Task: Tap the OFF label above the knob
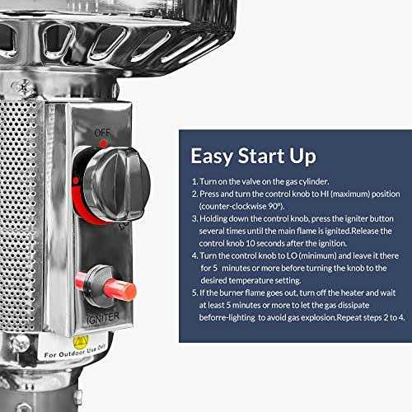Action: [x=102, y=133]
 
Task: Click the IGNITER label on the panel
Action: [x=103, y=318]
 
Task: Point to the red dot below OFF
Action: [x=103, y=143]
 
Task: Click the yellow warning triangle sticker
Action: [x=81, y=342]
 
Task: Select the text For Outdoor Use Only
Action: [x=75, y=351]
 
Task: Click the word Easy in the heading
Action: [x=212, y=157]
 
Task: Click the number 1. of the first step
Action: [x=194, y=181]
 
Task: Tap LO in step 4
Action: [x=292, y=255]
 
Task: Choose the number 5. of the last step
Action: [x=194, y=293]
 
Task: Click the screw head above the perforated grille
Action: [x=23, y=87]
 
